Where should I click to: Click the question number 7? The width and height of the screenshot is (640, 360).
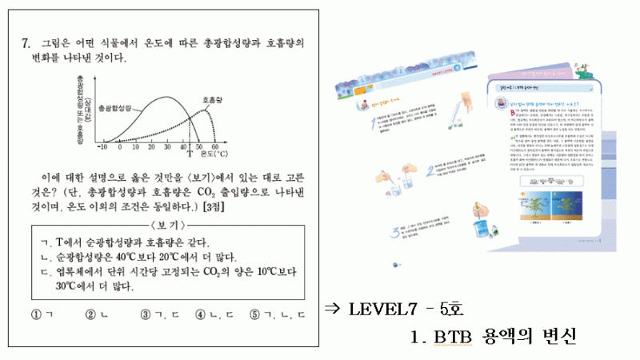(26, 44)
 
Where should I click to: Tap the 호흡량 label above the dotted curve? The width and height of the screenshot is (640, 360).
(212, 100)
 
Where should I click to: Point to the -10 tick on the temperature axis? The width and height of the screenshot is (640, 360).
(102, 148)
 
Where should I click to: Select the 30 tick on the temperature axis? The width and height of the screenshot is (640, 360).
(167, 148)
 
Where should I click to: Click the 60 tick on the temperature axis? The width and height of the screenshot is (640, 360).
(214, 148)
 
